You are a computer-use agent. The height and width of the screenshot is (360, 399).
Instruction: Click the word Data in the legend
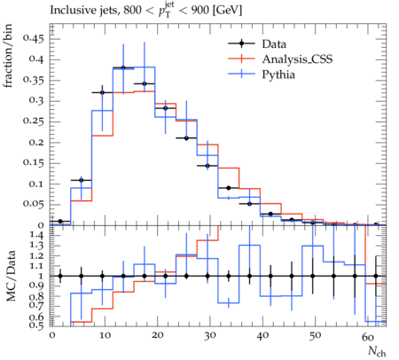click(274, 44)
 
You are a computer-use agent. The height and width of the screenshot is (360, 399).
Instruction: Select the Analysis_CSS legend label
click(297, 59)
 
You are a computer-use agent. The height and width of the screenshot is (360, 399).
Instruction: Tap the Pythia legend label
click(278, 74)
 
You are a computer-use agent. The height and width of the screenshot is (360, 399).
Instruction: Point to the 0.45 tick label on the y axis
click(34, 39)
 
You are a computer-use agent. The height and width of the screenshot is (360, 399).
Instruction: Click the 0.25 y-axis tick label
click(34, 121)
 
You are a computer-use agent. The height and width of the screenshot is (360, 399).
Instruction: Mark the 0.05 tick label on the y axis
click(34, 205)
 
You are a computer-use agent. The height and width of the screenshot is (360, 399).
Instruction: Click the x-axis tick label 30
click(210, 336)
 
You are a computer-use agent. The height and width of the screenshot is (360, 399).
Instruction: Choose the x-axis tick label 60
click(368, 336)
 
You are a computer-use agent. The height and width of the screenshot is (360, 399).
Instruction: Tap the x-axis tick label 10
click(105, 336)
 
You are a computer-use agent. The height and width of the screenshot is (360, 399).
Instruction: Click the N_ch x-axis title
click(377, 351)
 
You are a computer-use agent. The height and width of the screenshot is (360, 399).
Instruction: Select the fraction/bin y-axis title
click(8, 56)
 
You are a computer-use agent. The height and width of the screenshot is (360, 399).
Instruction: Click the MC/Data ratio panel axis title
click(11, 276)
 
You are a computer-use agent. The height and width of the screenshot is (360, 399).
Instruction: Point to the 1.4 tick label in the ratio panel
click(37, 236)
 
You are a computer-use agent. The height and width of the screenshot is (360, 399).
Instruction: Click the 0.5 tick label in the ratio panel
click(37, 325)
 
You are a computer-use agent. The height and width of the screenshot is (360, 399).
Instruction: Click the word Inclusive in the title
click(70, 11)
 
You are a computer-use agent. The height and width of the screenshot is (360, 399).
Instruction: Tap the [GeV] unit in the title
click(228, 11)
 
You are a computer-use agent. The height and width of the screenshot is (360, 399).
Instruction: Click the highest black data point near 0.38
click(123, 67)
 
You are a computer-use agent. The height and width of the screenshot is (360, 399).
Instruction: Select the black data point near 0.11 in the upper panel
click(82, 180)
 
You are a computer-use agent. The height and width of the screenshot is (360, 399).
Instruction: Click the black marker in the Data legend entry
click(241, 43)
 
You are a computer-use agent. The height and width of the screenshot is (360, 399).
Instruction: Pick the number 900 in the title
click(199, 11)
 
